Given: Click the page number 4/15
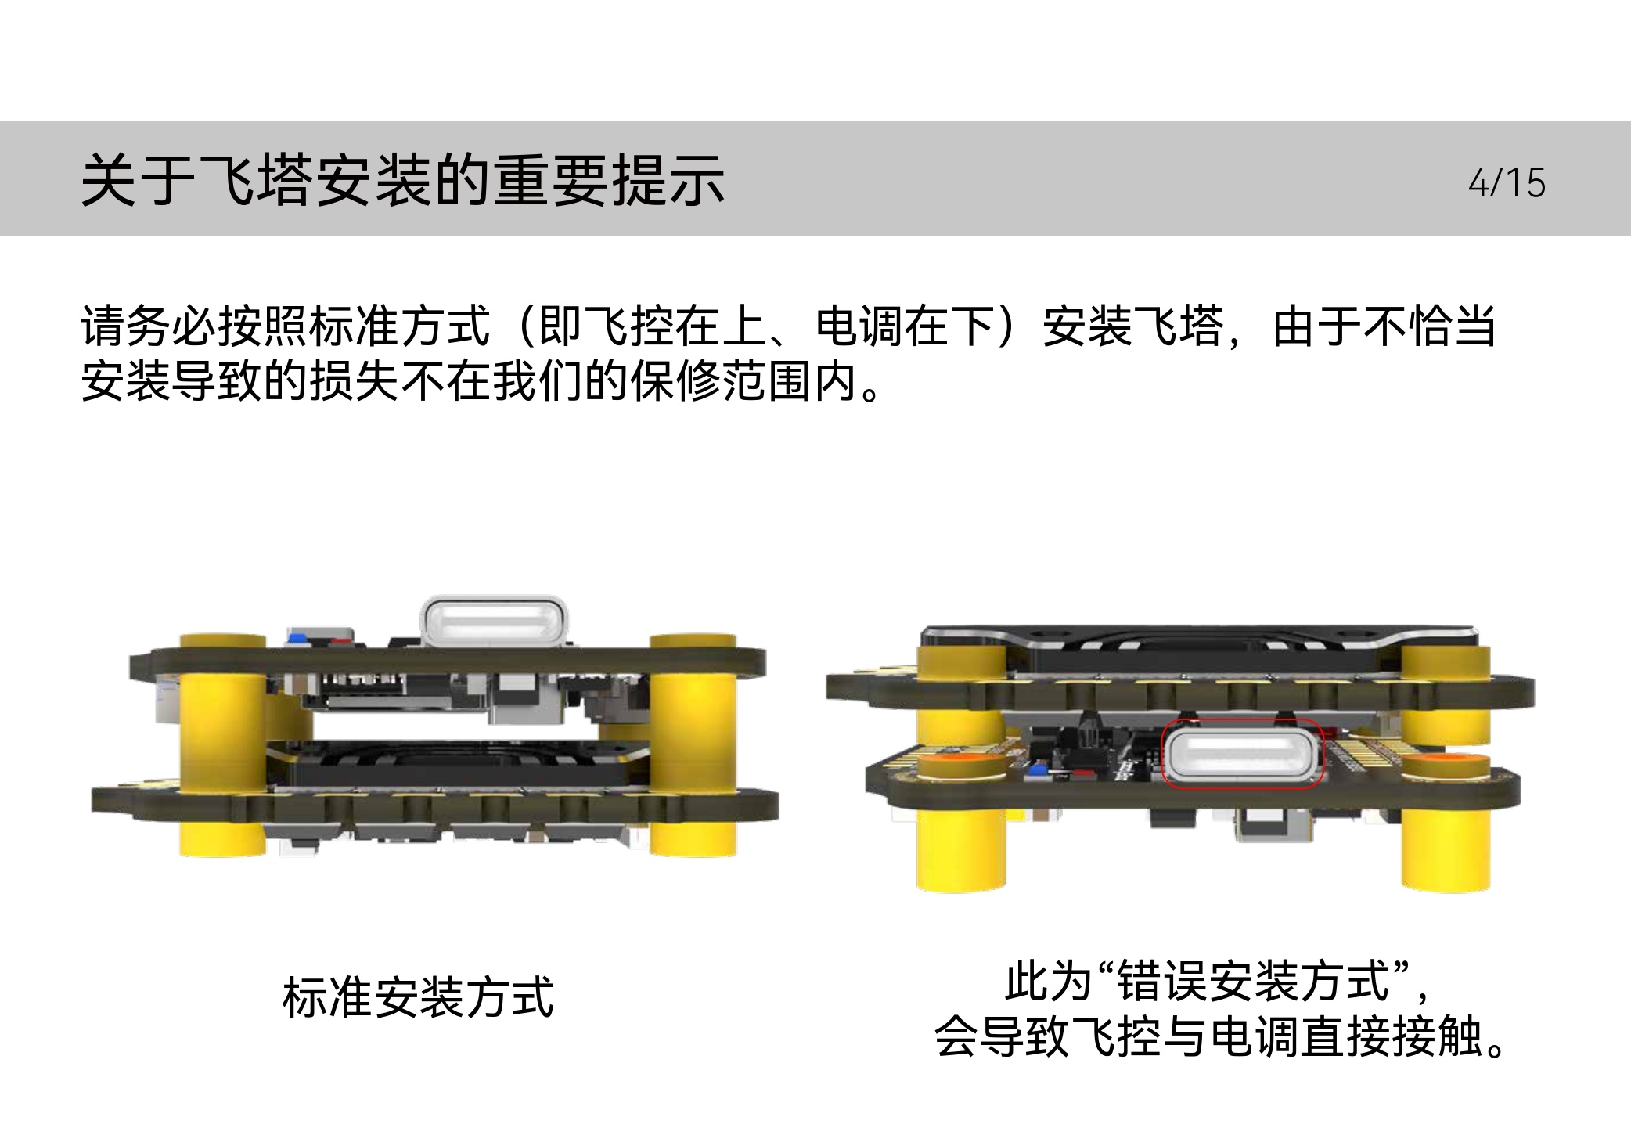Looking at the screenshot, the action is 1507,182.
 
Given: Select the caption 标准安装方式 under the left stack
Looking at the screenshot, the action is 419,997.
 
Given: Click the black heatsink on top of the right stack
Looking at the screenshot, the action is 1197,650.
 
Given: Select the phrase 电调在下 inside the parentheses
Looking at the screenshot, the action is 905,326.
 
